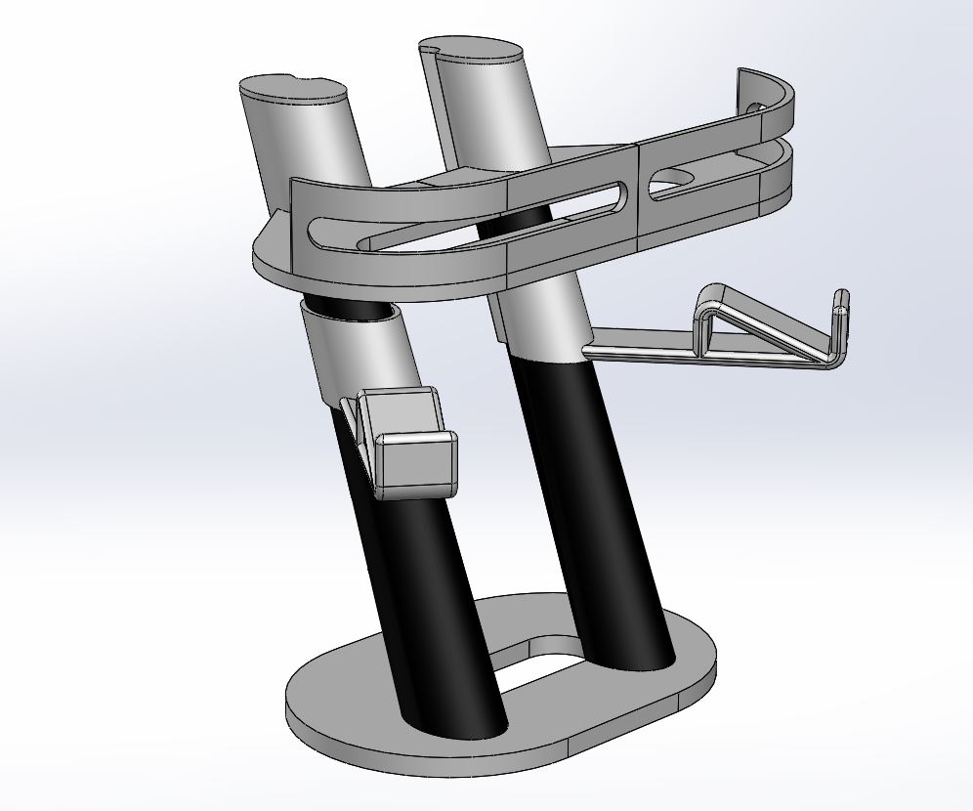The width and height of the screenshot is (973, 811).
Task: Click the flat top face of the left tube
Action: point(291,90)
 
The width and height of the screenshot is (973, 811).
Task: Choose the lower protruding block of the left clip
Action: point(415,464)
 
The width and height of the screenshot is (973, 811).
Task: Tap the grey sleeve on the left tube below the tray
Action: point(361,352)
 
